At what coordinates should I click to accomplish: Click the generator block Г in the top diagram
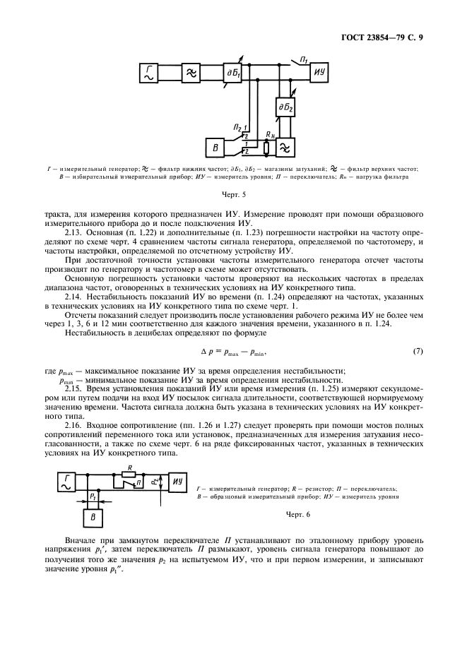(150, 72)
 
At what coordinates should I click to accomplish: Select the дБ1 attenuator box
(232, 72)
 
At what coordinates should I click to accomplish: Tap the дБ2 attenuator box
(285, 107)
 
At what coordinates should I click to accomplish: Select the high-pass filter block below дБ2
(285, 147)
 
